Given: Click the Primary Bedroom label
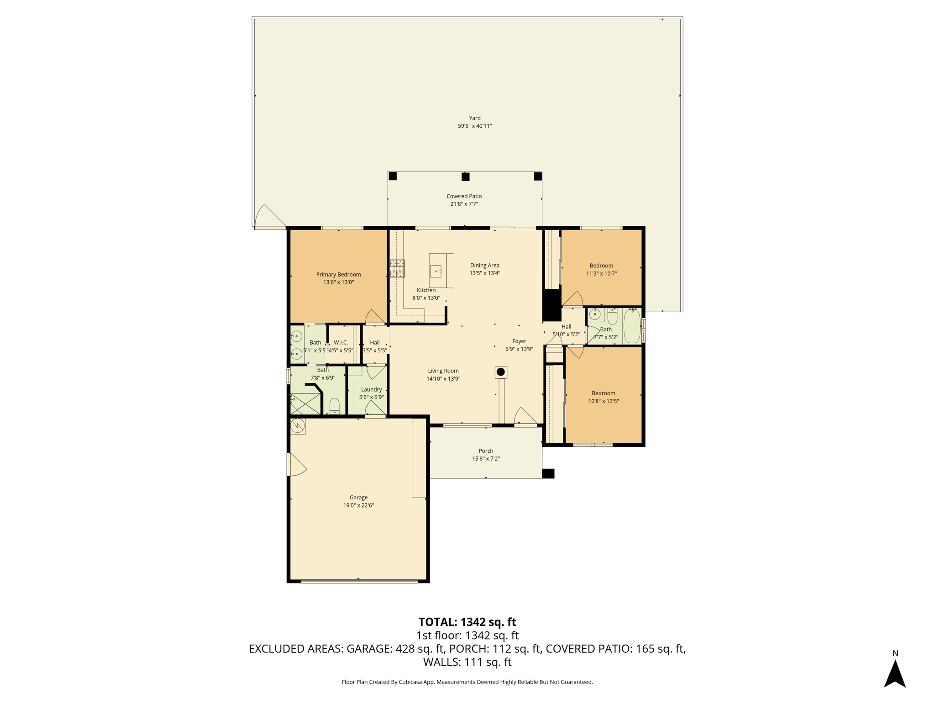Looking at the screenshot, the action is tap(338, 274).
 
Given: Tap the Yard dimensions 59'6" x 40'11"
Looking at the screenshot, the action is tap(475, 126).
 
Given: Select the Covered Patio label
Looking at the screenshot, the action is tap(464, 196).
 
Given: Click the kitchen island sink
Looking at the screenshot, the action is tap(436, 272).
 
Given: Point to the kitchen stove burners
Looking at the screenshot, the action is tap(397, 268).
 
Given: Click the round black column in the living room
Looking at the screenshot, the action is tap(501, 372).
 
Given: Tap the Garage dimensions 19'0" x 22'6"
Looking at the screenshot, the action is tap(358, 505).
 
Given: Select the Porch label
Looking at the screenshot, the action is tap(486, 451).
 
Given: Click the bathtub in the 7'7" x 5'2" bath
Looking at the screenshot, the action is tap(632, 325).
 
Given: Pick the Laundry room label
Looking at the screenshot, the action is tap(371, 389).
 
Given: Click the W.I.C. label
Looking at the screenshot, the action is tap(341, 342).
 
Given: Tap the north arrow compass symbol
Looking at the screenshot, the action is tap(895, 674).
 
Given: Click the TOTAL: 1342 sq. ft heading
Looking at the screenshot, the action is tap(467, 622).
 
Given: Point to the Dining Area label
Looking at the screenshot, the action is tap(485, 265).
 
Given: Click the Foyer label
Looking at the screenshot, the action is tap(519, 341).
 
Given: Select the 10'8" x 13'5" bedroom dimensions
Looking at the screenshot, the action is tap(603, 401).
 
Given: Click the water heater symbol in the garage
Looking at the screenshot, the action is tap(298, 426).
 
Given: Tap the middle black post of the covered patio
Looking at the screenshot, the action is tap(465, 177).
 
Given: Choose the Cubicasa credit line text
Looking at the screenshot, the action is tap(467, 682).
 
